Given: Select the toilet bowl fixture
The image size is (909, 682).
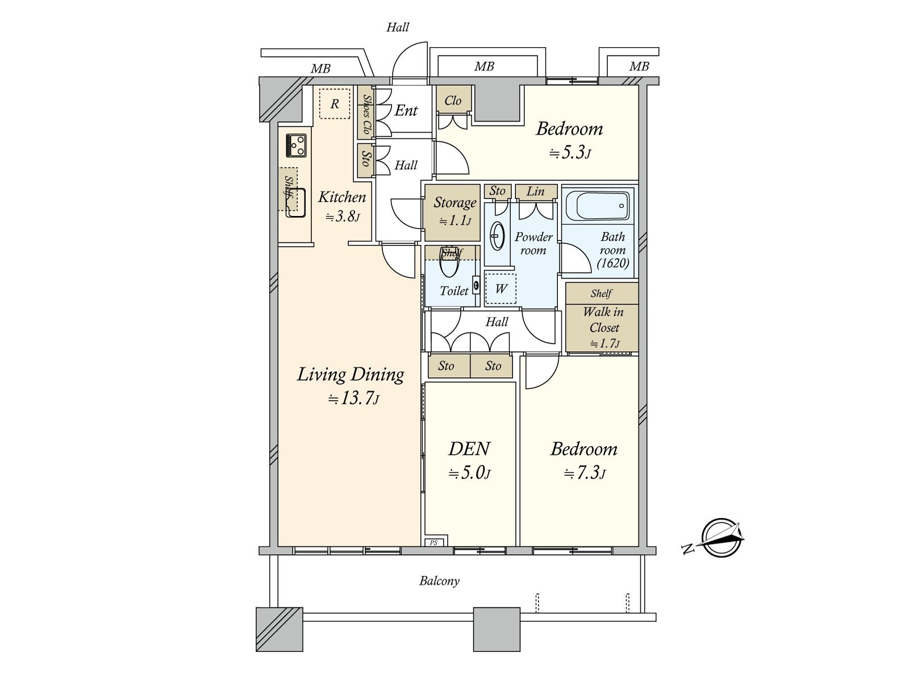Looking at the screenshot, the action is [450, 261].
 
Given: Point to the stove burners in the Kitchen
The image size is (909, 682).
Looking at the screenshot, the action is [296, 145].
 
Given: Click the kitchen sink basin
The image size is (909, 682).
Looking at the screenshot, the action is [295, 202].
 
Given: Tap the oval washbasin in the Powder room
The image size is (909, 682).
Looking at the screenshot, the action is [497, 236].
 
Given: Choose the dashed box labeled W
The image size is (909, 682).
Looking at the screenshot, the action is [501, 289].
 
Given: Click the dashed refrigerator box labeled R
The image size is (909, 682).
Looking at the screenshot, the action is [335, 104].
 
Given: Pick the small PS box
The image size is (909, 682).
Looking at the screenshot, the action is [434, 542].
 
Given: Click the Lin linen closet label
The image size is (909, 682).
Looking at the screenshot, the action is [536, 192].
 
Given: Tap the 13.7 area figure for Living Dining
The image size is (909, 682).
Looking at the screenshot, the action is [353, 399].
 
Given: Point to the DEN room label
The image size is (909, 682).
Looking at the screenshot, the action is [469, 449].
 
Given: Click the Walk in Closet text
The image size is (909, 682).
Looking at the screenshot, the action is [603, 319].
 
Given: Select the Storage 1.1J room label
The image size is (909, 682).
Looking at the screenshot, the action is [454, 211].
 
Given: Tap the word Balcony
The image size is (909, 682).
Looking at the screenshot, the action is [439, 581].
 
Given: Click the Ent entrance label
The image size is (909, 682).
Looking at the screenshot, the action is [406, 110].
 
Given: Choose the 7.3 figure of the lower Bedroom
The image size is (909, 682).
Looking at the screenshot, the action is [584, 472].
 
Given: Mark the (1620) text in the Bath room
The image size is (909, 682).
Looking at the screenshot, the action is [613, 263].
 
